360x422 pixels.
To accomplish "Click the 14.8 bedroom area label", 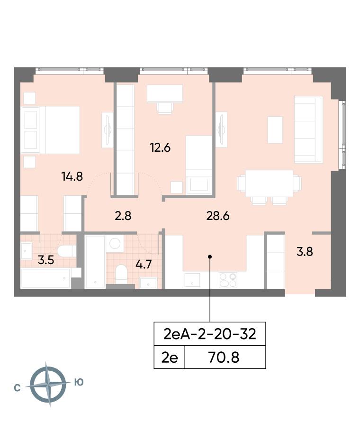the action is (72, 176).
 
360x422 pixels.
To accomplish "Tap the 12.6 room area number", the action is (160, 148).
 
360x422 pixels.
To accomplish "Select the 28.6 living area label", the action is (218, 216).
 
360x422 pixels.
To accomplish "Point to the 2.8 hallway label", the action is (123, 216).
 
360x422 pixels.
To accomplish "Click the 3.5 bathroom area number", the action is (46, 260).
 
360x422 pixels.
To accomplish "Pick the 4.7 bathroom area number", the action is (144, 265).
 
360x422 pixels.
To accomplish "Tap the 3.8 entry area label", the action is (305, 252).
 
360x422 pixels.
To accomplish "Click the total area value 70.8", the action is (224, 358).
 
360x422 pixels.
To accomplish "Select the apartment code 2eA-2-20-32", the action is (210, 334).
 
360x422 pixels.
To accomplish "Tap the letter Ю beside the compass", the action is (79, 382).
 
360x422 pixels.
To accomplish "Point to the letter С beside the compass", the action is (17, 388).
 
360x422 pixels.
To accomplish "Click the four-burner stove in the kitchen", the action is (228, 280).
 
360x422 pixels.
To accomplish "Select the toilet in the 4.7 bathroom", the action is (121, 274).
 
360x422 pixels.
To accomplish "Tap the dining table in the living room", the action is (269, 184).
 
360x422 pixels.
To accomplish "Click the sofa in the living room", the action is (308, 130).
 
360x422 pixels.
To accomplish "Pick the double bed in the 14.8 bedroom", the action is (51, 130).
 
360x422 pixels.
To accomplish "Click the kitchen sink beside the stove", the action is (192, 280).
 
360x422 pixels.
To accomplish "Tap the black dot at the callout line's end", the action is (210, 257).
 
